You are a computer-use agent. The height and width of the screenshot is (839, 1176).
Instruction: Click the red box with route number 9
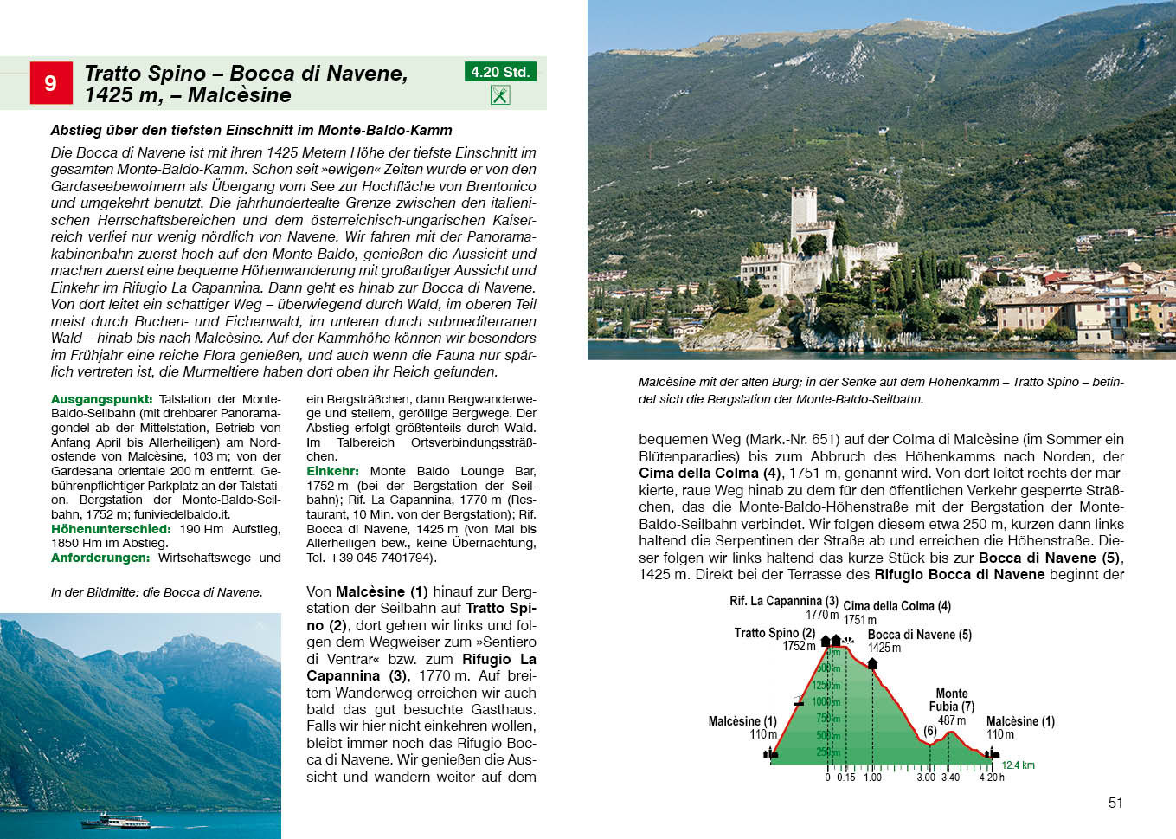click(51, 83)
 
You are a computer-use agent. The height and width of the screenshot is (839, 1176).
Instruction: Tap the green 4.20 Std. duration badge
click(500, 72)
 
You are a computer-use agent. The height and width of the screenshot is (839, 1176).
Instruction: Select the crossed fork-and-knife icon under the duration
click(500, 95)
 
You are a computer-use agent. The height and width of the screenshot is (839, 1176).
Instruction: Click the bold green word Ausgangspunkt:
click(101, 399)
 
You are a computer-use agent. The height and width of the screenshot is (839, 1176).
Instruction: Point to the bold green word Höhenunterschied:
click(111, 529)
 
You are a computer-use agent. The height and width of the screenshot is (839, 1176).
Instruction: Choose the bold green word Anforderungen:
click(100, 558)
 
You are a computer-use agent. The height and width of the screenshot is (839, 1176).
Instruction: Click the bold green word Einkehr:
click(332, 471)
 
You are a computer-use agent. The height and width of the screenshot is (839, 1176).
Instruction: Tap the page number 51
click(1115, 803)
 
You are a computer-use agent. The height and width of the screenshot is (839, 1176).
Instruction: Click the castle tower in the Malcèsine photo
click(804, 210)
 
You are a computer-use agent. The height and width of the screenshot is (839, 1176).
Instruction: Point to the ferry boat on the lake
click(115, 820)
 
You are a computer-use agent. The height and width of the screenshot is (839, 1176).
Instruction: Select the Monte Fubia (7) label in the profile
click(952, 700)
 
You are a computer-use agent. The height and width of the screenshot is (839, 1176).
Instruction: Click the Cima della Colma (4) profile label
click(896, 606)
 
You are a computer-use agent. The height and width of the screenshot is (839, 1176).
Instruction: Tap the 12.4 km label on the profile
click(1018, 765)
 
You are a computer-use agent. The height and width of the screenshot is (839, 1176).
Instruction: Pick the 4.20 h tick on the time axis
click(992, 778)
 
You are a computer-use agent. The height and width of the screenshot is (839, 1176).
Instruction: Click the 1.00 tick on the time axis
click(872, 778)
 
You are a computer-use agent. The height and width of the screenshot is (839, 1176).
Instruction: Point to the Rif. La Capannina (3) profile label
click(783, 601)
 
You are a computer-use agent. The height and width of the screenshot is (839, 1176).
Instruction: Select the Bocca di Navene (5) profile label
click(919, 635)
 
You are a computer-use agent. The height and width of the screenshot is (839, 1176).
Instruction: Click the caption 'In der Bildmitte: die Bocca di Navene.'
click(157, 592)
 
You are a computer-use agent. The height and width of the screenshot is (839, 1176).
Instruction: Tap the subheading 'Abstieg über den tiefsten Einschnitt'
click(251, 130)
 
